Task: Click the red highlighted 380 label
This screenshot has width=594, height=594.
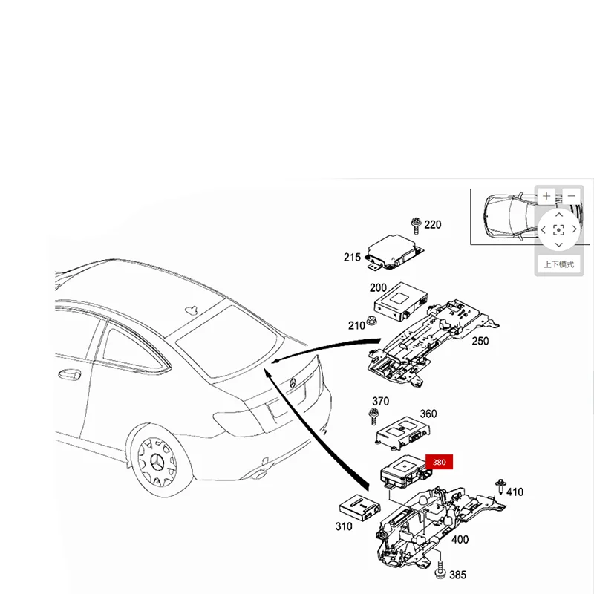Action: point(439,462)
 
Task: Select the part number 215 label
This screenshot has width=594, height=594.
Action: point(352,258)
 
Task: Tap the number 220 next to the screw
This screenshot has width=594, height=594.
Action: point(432,225)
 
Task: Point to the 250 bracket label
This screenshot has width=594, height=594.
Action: point(480,340)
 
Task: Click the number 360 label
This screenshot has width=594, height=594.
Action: point(428,414)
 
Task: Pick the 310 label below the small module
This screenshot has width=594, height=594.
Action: point(343,527)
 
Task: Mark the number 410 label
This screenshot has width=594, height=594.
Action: point(515,492)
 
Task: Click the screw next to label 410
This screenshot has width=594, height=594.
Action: point(501,486)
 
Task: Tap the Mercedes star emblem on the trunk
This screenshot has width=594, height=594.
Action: point(293,382)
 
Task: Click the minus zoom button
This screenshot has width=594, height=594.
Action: point(570,197)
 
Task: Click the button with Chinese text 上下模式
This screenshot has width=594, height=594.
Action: point(558,264)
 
